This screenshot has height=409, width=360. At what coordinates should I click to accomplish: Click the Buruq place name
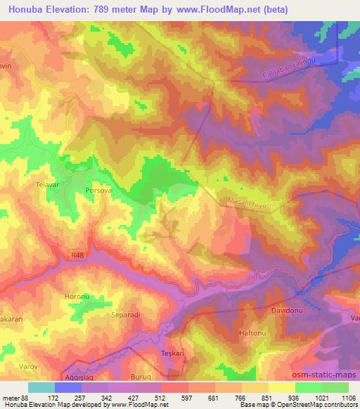pos(141,377)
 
